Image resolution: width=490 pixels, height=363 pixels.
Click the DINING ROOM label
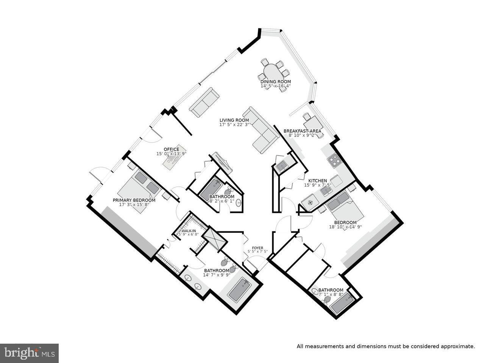(x=275, y=82)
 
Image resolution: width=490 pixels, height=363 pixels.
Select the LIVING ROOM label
(x=234, y=120)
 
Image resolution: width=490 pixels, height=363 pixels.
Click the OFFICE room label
(x=171, y=149)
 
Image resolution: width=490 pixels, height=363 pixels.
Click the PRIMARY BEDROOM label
(x=134, y=200)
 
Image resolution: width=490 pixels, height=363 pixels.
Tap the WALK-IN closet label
(x=188, y=231)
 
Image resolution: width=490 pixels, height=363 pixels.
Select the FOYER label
(x=257, y=248)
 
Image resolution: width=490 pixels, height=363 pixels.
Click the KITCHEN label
(x=317, y=181)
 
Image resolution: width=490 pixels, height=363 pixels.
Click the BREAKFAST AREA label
(x=302, y=131)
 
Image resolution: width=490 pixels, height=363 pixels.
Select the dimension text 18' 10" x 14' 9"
(x=345, y=227)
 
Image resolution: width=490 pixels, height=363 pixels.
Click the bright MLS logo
(x=29, y=353)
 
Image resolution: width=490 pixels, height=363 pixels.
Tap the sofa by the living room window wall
(x=204, y=102)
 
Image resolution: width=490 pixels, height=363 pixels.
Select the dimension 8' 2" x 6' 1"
(x=222, y=201)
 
